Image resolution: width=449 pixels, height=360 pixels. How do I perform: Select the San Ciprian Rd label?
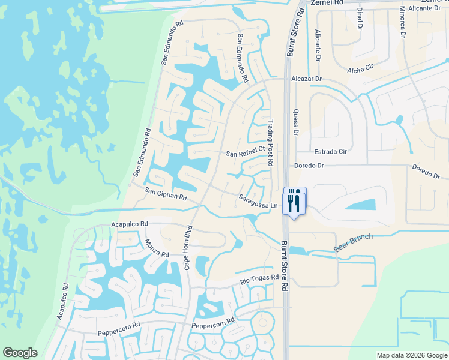(166, 193)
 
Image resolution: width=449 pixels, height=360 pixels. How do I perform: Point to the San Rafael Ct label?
(245, 152)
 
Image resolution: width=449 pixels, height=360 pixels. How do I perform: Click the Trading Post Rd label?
(270, 142)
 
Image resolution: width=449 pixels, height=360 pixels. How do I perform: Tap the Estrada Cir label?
(330, 152)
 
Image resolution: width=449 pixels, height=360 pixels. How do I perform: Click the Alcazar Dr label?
(306, 79)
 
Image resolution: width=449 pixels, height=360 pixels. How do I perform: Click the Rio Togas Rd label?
(259, 279)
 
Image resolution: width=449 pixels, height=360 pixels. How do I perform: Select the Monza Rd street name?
(156, 247)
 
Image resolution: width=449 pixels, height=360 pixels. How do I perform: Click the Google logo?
(20, 353)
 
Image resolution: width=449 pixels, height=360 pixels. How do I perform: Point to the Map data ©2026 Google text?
(411, 355)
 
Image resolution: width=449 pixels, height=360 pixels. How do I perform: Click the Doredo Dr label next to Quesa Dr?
(309, 165)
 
